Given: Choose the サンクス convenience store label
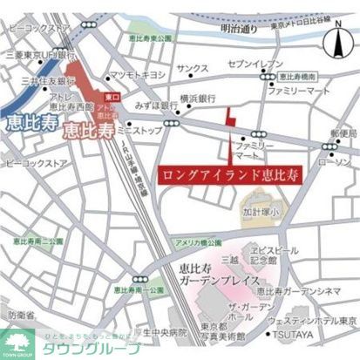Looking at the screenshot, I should click(x=192, y=68).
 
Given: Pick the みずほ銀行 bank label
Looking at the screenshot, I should click(x=157, y=105).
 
